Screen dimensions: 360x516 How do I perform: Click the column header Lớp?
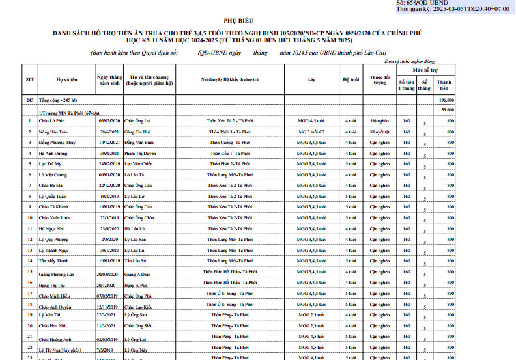(x=311, y=79)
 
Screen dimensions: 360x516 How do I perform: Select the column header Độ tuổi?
(x=350, y=79)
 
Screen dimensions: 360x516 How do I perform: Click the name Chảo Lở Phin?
(x=52, y=121)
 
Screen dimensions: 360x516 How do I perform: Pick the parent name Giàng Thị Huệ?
(x=137, y=132)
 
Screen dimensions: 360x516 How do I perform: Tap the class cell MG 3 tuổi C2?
(x=311, y=132)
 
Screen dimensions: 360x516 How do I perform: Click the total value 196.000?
(x=446, y=100)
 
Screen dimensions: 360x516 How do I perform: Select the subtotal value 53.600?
(x=448, y=110)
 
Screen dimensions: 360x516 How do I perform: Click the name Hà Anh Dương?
(x=54, y=153)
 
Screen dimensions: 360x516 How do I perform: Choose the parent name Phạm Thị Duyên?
(x=139, y=153)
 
